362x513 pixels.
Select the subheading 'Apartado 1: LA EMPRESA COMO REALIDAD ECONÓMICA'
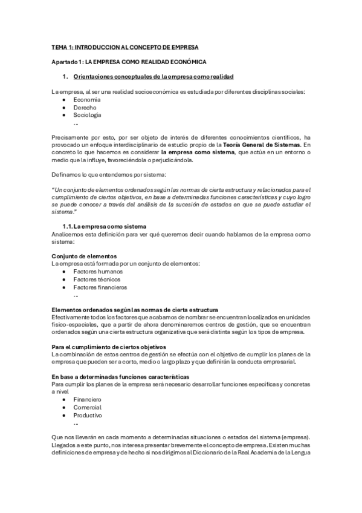(129, 62)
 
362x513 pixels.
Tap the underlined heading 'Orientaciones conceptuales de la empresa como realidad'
(153, 77)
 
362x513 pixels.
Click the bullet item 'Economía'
(88, 99)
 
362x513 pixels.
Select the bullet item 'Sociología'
(88, 114)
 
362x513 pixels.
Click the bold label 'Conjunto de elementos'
(84, 256)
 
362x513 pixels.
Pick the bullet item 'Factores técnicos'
(96, 279)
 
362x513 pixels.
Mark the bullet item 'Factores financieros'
(100, 287)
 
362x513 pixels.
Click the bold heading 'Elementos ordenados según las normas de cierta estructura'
(135, 310)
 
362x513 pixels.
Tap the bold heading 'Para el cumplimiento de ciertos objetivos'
(109, 347)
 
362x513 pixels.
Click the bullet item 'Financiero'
(88, 400)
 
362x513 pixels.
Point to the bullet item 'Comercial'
(88, 408)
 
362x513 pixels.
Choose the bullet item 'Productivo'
(88, 415)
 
